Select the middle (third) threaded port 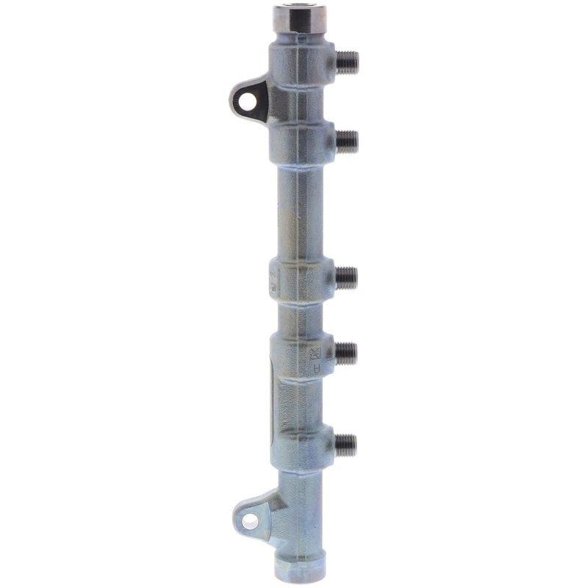tap(346, 276)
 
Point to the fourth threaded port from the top tap(346, 353)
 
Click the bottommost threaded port tap(345, 442)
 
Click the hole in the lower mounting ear tap(250, 522)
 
